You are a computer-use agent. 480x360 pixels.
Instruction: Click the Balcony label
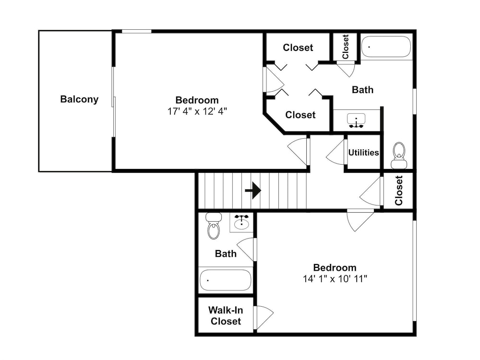pos(79,99)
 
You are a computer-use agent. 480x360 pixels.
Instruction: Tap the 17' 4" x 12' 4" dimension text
pos(197,111)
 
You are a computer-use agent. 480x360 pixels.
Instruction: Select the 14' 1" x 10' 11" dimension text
pos(335,278)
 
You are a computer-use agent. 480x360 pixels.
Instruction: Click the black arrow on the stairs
pos(253,191)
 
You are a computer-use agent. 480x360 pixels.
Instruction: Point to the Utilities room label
pos(363,153)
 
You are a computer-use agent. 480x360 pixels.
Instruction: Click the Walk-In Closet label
pos(226,316)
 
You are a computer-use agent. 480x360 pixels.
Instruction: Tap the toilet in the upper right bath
pos(399,155)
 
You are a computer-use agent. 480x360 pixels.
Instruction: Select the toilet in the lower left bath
pos(214,226)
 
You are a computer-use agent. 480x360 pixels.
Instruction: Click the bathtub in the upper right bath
pos(386,47)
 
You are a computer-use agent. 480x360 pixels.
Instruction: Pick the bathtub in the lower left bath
pos(225,280)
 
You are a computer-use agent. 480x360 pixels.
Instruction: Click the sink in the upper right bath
pos(356,120)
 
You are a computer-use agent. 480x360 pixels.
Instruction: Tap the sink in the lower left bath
pos(242,222)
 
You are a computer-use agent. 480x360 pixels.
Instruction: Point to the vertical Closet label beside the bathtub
pos(346,47)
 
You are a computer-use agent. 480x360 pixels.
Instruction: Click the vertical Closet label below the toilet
pos(398,191)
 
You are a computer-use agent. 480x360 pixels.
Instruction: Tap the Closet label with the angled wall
pos(300,115)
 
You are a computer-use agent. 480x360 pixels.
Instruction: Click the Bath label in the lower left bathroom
pos(226,253)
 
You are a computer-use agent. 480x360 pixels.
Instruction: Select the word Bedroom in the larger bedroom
pos(197,100)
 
